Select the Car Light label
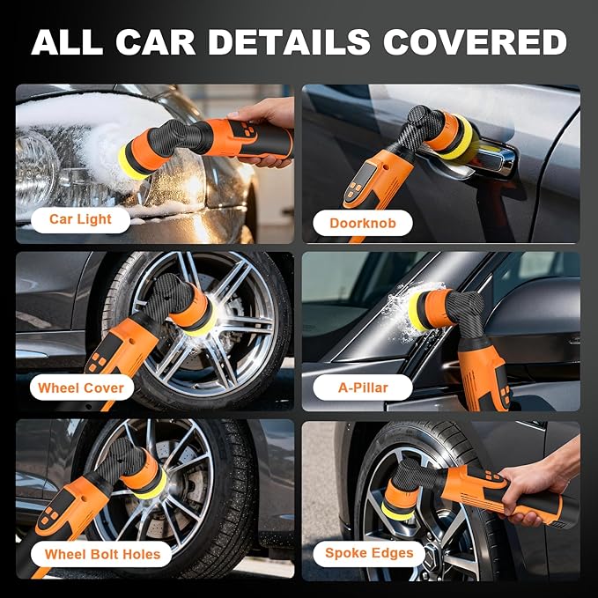[79, 219]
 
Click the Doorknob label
[362, 223]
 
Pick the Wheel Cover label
[81, 388]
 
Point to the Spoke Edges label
[368, 553]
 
